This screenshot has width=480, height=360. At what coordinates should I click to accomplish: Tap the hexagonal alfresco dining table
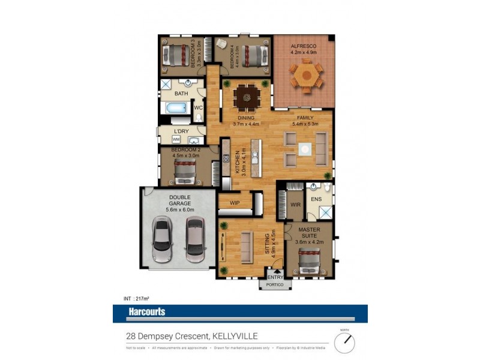pyautogui.click(x=306, y=76)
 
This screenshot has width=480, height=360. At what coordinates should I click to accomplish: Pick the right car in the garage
pyautogui.click(x=195, y=239)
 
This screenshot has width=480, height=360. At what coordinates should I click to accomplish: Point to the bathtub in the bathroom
pyautogui.click(x=175, y=109)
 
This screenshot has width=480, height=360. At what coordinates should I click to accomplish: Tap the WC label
pyautogui.click(x=199, y=108)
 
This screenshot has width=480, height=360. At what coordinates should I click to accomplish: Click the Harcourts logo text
pyautogui.click(x=146, y=311)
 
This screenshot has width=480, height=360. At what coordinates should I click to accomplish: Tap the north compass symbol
pyautogui.click(x=344, y=343)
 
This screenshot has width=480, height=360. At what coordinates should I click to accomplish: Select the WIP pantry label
pyautogui.click(x=235, y=203)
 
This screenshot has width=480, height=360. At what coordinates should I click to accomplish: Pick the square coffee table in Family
pyautogui.click(x=305, y=148)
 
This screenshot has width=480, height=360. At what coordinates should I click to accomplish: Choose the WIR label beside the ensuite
pyautogui.click(x=295, y=205)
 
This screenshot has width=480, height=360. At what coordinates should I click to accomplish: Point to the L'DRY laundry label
pyautogui.click(x=181, y=131)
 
